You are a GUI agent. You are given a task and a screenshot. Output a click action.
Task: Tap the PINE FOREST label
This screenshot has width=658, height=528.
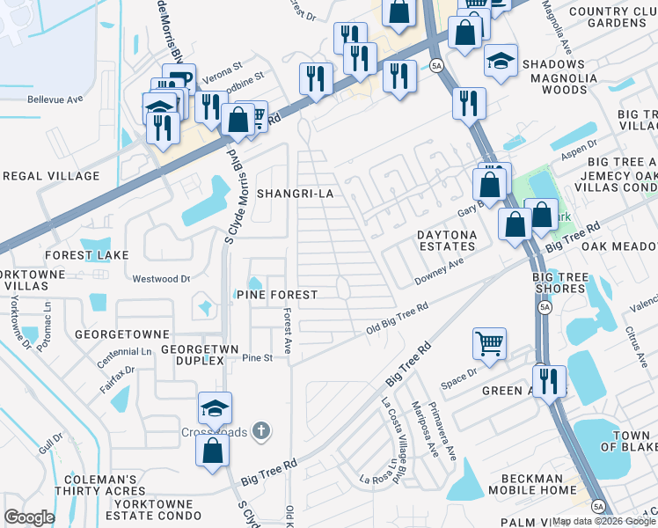point(276,295)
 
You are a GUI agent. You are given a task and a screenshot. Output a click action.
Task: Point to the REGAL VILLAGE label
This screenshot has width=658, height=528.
point(50,176)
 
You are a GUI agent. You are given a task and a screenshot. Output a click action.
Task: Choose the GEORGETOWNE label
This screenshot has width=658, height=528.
point(121,335)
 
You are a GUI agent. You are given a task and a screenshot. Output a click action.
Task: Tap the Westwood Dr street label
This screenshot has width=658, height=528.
point(161,279)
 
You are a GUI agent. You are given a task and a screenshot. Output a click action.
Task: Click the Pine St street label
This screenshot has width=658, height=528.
point(258,358)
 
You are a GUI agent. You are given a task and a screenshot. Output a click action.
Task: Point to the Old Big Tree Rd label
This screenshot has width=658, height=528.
point(397,318)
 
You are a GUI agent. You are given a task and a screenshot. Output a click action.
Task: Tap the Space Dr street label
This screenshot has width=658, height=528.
point(458,378)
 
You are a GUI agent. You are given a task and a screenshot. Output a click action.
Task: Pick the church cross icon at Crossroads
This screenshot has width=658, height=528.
point(260,430)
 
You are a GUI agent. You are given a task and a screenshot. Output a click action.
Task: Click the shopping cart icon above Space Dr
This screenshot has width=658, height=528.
point(489,343)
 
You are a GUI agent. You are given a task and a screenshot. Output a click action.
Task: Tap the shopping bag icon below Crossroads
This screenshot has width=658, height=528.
point(212,451)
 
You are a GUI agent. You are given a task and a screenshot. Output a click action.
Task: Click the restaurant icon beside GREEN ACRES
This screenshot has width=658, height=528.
point(549,381)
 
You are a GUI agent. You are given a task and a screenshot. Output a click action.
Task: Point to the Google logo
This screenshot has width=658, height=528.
point(29,517)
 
